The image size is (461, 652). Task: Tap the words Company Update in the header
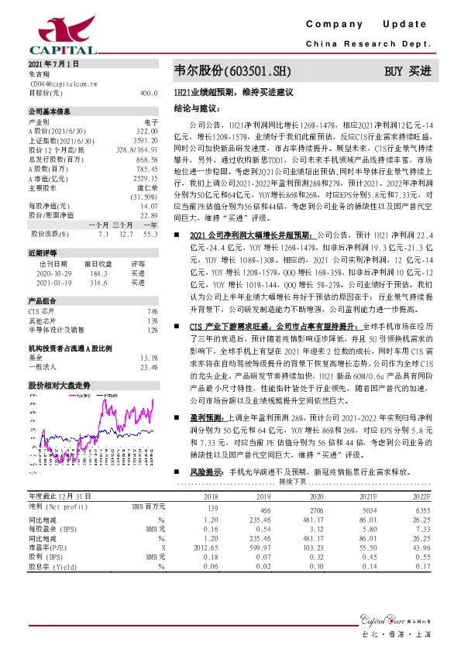[377, 25]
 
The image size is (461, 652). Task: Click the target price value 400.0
[149, 91]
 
